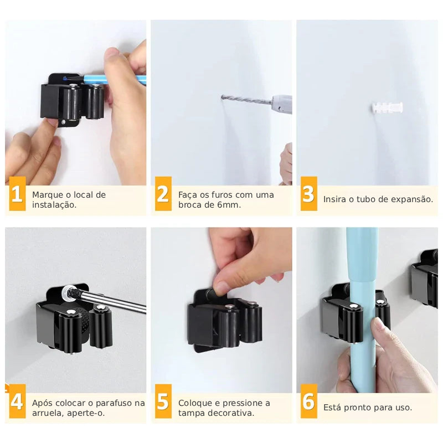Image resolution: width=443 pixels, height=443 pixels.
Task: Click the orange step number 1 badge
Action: tap(17, 193)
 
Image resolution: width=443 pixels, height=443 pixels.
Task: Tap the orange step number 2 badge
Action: tap(163, 193)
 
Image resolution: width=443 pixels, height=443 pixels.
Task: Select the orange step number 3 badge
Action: tap(309, 193)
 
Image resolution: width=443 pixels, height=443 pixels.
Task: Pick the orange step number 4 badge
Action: tap(17, 401)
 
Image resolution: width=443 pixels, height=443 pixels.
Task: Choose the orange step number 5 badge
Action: tap(163, 401)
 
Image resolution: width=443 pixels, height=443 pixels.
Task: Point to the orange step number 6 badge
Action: tap(309, 401)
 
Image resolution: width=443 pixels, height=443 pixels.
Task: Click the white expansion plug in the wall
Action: tap(387, 107)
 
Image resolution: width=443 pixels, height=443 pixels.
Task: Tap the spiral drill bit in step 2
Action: tap(246, 100)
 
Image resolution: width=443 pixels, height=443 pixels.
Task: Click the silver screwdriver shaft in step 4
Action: tap(115, 302)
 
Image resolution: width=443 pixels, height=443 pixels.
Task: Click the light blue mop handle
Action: tap(363, 310)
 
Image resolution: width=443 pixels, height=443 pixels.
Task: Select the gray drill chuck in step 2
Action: tap(282, 104)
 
